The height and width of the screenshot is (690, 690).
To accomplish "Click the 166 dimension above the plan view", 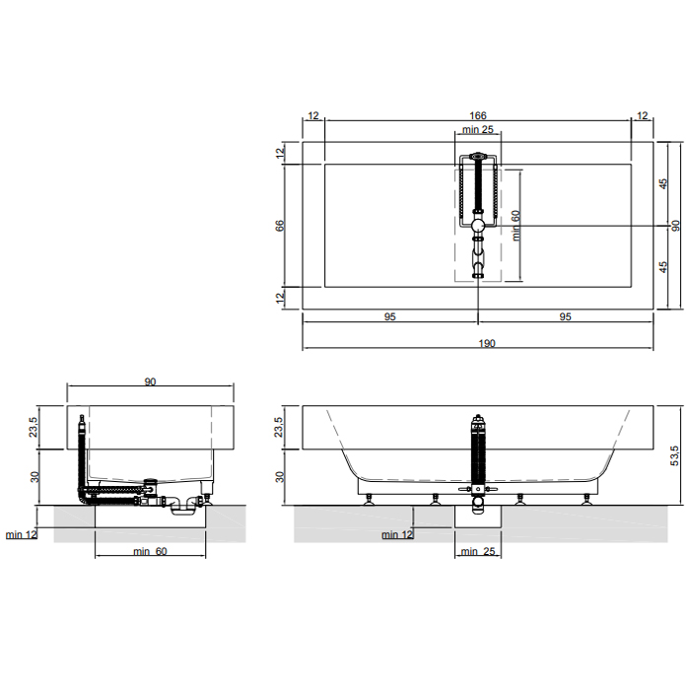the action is coord(477,115).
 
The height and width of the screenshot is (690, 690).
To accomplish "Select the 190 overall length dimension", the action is coord(487,343).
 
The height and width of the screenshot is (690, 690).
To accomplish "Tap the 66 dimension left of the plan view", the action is coord(280,226).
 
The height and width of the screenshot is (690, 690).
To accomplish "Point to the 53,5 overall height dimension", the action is coord(674,455).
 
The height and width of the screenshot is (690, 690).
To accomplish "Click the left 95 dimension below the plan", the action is coord(390,316).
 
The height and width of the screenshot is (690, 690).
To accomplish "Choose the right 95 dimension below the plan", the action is coord(565,316).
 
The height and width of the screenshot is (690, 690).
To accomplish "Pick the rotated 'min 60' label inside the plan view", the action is coord(516,226).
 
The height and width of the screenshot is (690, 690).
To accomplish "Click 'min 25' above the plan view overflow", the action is coord(478,129).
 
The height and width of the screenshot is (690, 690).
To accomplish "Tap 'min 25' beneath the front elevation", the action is coord(478,551).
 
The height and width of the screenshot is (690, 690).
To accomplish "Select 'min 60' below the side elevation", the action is coord(150,551).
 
